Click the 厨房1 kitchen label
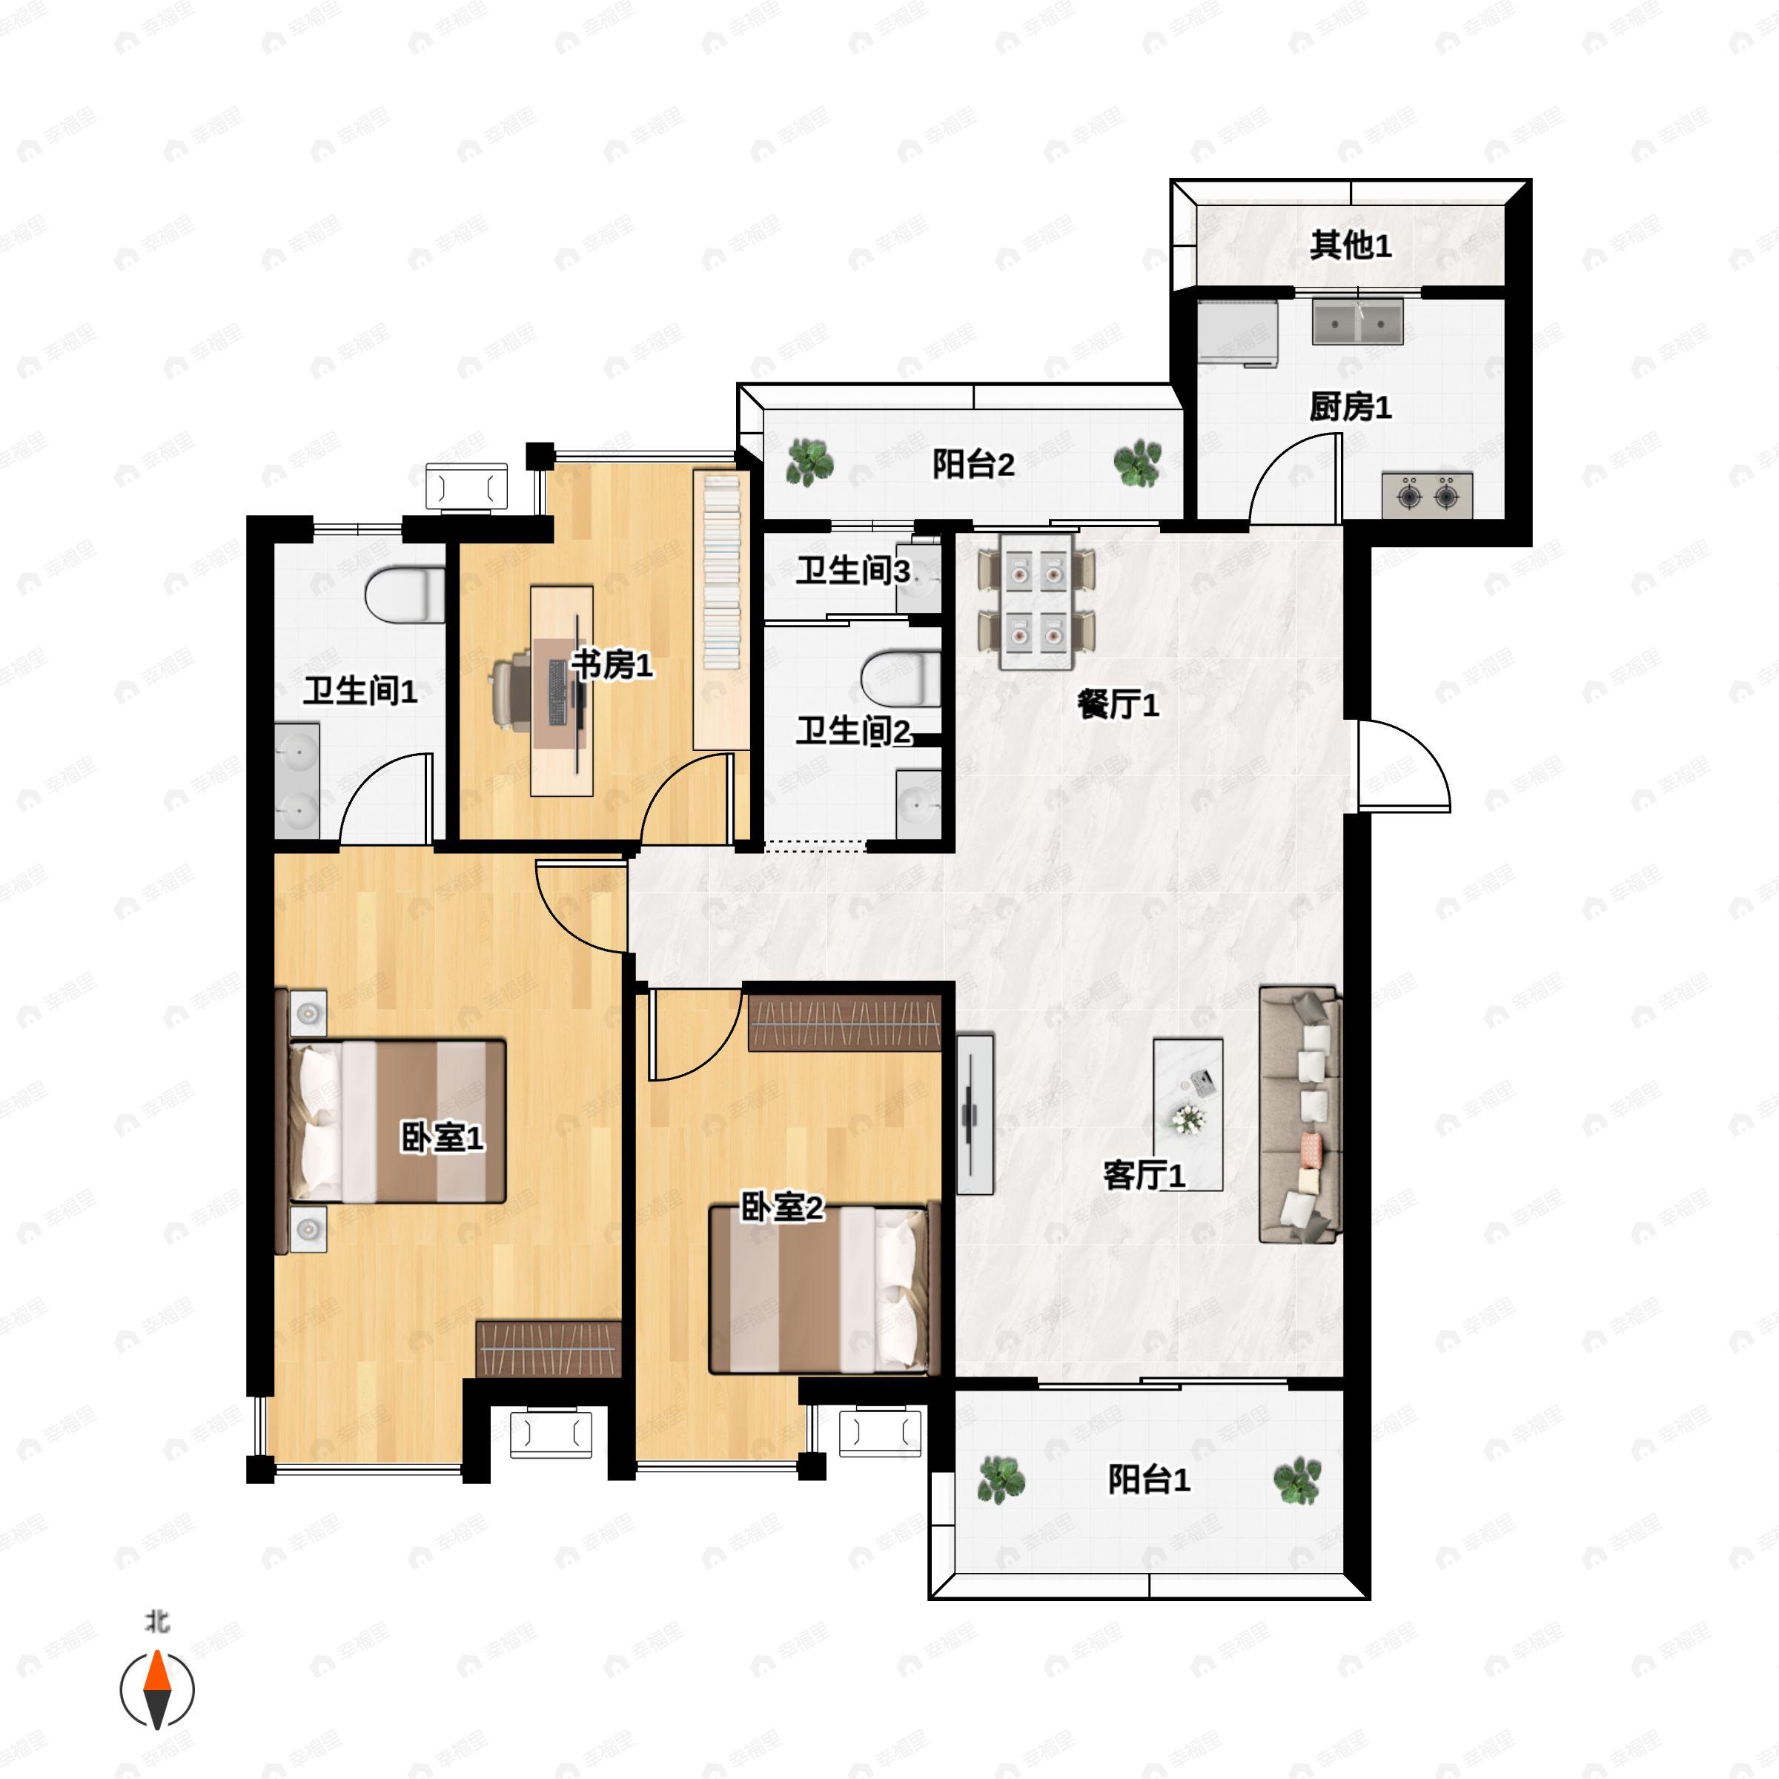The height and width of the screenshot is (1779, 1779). [x=1350, y=407]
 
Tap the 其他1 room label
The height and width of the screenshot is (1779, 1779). [x=1350, y=245]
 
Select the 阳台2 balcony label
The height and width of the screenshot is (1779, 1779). [x=973, y=464]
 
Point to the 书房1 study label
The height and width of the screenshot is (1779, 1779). [x=612, y=664]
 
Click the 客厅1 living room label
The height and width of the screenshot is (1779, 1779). [x=1144, y=1175]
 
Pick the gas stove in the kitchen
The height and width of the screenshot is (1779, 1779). [x=1426, y=495]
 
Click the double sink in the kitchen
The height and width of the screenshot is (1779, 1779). [x=1357, y=322]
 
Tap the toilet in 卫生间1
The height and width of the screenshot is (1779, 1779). [x=405, y=594]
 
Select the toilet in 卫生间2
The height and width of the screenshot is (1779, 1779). [x=901, y=680]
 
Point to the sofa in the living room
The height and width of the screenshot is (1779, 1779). [x=1300, y=1115]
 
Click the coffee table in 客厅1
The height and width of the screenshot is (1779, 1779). [x=1187, y=1114]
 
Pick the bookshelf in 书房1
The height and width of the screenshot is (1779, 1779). [x=721, y=609]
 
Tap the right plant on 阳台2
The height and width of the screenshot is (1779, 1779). [x=1138, y=463]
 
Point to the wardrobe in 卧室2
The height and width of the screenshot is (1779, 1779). [x=844, y=1023]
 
